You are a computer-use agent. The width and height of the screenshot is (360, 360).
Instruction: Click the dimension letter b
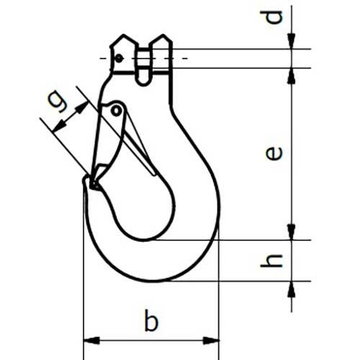coord(150,321)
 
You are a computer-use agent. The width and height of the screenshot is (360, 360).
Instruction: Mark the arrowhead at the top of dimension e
coord(292,75)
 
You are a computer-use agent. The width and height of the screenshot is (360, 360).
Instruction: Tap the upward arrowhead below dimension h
coord(292,288)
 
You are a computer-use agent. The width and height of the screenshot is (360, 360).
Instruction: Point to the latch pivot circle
coord(116,109)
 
